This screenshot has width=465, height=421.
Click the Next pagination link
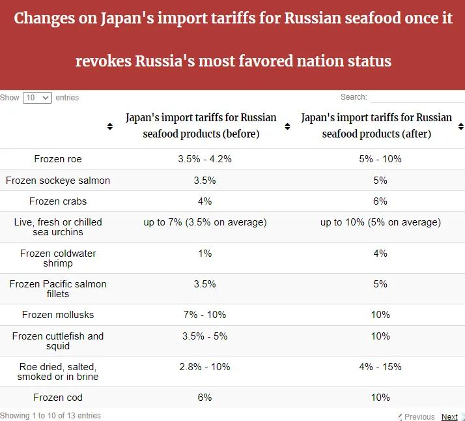point(449,417)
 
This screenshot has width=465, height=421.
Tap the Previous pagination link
point(419,417)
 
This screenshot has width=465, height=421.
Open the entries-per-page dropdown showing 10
point(37,98)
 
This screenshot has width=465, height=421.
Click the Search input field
point(417,98)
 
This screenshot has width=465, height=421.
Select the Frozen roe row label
point(58,159)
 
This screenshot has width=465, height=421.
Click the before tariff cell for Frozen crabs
point(204,201)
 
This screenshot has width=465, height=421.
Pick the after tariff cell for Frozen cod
point(380,398)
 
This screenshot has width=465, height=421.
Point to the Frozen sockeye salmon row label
point(58,181)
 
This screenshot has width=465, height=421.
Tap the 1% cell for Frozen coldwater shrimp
point(204,254)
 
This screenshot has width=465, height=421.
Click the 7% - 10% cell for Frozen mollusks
point(204,315)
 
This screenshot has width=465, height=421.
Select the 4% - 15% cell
point(380,367)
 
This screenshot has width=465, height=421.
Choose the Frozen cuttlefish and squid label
point(58,341)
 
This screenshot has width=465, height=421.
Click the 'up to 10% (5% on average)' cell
point(380,222)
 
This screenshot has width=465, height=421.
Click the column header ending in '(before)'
point(201,126)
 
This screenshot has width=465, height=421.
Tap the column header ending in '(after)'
point(376,126)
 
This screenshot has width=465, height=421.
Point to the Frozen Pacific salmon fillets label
point(58,289)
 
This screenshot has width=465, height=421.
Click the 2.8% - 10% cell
point(204,367)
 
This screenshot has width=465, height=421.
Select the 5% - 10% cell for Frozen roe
point(380,159)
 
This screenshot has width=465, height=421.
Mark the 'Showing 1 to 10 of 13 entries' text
point(50,416)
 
